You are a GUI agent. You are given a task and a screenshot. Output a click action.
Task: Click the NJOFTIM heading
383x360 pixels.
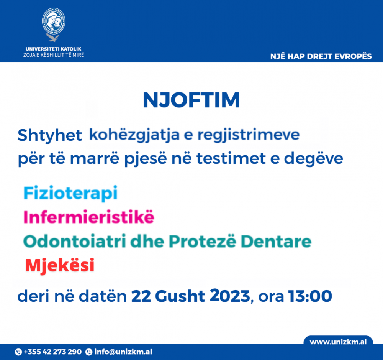click(x=191, y=100)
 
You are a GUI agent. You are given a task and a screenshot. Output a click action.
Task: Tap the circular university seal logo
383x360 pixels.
click(x=54, y=21)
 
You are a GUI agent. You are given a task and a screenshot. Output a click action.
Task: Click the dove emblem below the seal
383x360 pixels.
click(x=53, y=38)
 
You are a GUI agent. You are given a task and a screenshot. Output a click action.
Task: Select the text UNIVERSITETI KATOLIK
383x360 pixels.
click(x=54, y=49)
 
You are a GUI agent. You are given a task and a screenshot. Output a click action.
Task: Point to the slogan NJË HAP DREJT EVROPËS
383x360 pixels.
click(x=321, y=56)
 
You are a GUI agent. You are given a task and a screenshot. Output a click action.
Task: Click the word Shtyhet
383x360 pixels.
click(x=49, y=135)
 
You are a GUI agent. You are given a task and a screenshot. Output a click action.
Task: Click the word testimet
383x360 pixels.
click(x=231, y=158)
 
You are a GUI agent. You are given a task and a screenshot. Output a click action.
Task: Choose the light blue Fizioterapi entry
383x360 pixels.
click(x=70, y=194)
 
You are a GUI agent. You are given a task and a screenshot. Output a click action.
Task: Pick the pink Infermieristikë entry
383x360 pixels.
click(x=89, y=217)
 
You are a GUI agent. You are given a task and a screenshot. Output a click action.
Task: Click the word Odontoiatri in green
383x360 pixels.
click(x=75, y=242)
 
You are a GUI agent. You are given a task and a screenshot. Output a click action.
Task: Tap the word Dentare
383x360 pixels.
click(x=276, y=242)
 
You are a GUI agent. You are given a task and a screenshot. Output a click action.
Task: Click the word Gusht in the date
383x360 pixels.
click(x=180, y=296)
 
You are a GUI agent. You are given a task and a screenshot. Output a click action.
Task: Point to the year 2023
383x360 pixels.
click(x=230, y=296)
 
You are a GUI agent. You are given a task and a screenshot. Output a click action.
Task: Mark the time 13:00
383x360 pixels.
click(x=310, y=296)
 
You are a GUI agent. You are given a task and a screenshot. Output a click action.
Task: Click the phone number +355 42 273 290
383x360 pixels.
click(x=52, y=352)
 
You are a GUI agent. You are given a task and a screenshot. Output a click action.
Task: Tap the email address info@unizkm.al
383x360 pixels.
click(x=123, y=352)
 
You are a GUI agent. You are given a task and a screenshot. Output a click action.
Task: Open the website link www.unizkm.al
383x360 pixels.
click(x=338, y=342)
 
